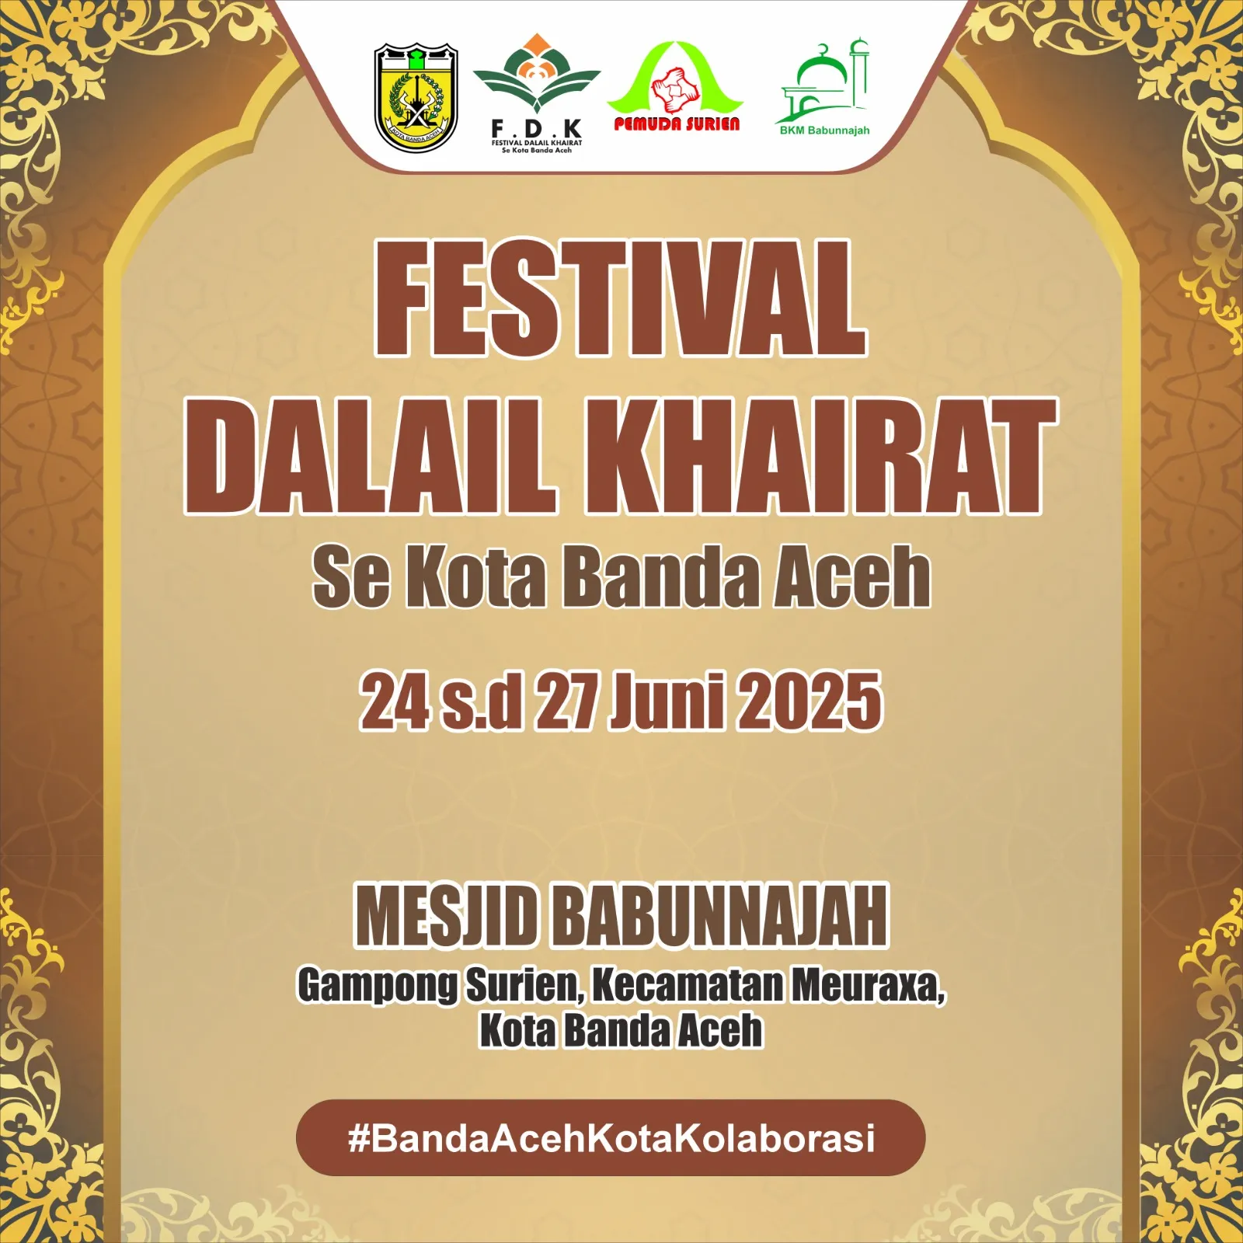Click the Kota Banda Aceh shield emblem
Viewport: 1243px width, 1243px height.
[416, 98]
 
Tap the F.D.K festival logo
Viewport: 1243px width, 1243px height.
[537, 94]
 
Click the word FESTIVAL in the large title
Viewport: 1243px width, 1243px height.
[621, 298]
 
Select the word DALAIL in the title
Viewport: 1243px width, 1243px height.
[370, 456]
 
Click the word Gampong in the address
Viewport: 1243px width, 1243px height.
[378, 986]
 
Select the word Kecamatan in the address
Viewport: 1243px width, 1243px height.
[687, 985]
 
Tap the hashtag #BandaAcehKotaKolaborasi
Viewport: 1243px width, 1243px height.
[611, 1138]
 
